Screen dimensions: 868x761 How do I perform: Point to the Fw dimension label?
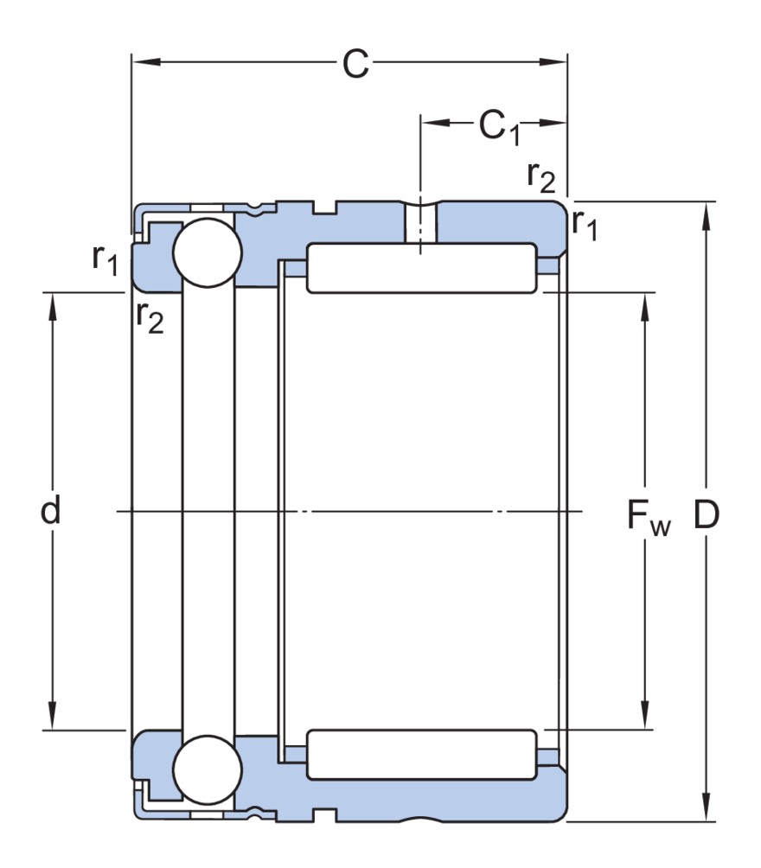pos(648,518)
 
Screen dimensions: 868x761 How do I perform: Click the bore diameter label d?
pos(52,512)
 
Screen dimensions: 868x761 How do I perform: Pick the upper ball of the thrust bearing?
pos(206,252)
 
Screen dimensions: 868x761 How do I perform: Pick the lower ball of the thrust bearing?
pos(206,769)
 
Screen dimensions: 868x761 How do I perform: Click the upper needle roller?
pos(422,268)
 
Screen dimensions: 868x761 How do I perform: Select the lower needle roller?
pos(422,755)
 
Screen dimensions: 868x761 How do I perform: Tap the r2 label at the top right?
pos(540,176)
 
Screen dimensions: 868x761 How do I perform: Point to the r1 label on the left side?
pos(105,259)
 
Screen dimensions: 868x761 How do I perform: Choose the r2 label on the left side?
pos(150,318)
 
